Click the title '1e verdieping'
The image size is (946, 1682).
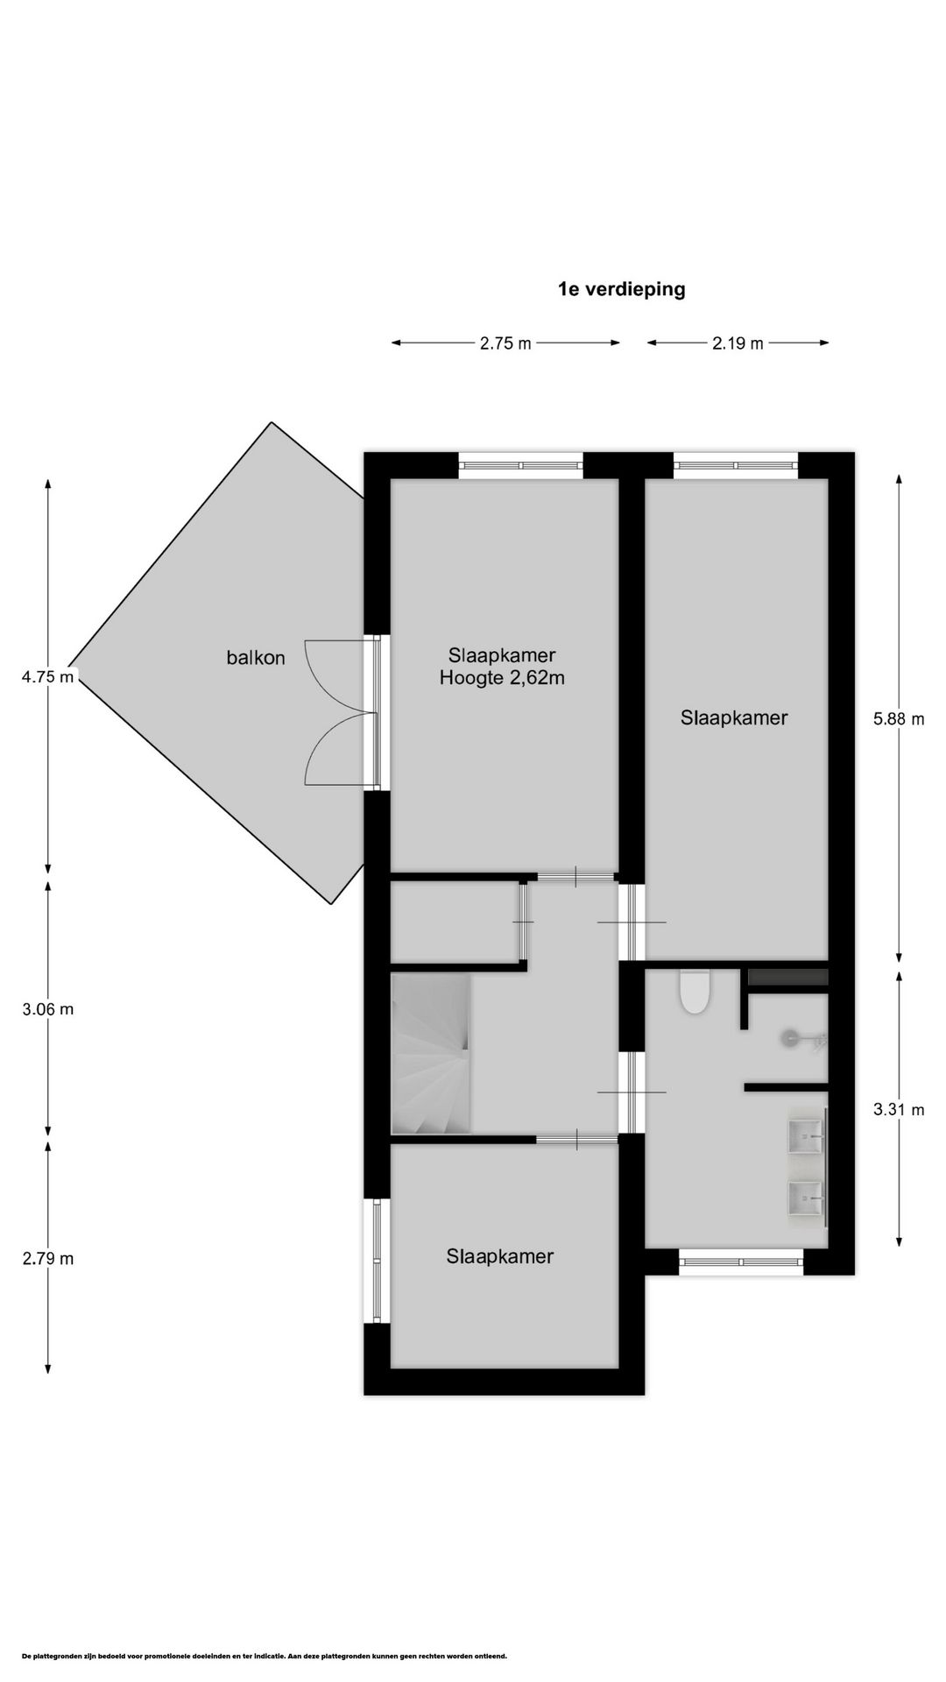(x=621, y=289)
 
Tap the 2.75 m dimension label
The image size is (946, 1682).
(x=505, y=343)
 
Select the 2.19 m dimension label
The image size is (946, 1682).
(x=738, y=343)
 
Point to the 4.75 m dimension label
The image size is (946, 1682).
(x=47, y=676)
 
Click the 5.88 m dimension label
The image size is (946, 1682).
(x=899, y=719)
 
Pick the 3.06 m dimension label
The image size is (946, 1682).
(x=47, y=1009)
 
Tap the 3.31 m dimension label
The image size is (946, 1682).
(x=899, y=1110)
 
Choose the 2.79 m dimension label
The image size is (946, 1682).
(x=47, y=1259)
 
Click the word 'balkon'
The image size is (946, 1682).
(x=256, y=658)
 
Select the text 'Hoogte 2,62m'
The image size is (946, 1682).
(x=502, y=678)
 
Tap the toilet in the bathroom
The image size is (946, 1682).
(x=695, y=993)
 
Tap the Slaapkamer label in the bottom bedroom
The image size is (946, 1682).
(x=500, y=1256)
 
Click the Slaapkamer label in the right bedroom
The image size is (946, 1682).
(x=734, y=718)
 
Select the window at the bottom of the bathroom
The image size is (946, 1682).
(x=741, y=1261)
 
